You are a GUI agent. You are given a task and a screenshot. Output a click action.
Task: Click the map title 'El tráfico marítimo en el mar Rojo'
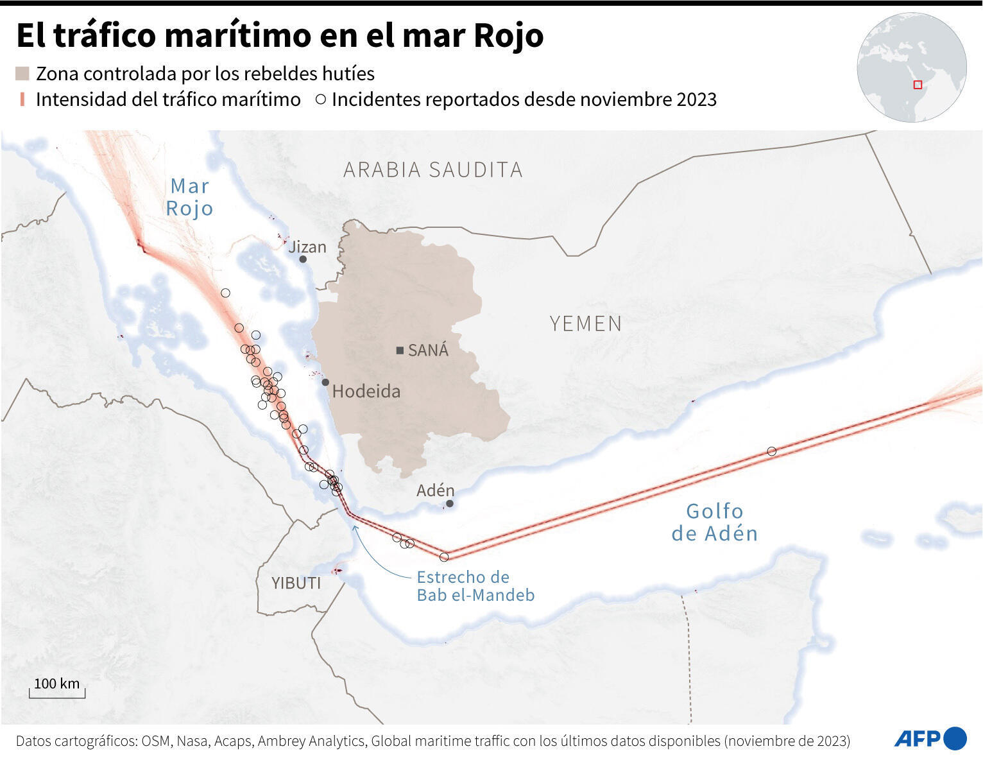tap(280, 35)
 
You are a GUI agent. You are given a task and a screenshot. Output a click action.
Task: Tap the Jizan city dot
tap(303, 259)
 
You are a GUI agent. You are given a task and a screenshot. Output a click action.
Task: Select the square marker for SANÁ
tap(400, 350)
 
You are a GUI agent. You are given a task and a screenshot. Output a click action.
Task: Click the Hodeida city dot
tap(325, 383)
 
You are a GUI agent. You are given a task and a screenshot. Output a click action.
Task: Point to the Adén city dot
tap(450, 503)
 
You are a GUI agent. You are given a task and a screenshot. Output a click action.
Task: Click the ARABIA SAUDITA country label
tap(433, 169)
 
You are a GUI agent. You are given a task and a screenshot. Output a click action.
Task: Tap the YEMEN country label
tap(586, 324)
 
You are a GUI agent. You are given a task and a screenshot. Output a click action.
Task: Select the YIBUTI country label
tap(296, 583)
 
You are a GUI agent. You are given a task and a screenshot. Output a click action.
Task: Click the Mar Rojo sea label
tap(189, 197)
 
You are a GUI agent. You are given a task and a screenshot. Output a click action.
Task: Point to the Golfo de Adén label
tap(714, 522)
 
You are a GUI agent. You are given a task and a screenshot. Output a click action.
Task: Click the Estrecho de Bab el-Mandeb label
tap(475, 585)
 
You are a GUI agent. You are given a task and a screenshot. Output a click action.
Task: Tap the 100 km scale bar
tap(57, 691)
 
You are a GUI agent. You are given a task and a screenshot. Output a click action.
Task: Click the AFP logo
tap(930, 738)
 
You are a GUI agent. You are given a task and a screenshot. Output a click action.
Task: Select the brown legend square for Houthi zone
tap(22, 74)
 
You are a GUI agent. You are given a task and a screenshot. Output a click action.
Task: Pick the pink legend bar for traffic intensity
tap(22, 99)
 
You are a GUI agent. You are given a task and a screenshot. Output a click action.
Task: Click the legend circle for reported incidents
tap(321, 100)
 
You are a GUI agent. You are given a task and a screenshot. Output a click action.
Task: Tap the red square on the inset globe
tap(918, 85)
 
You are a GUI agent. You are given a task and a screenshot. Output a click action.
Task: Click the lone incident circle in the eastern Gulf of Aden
tap(772, 451)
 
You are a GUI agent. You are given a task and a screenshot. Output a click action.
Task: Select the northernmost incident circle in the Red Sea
tap(225, 293)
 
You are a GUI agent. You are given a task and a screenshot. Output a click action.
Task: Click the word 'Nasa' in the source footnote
tap(192, 741)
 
